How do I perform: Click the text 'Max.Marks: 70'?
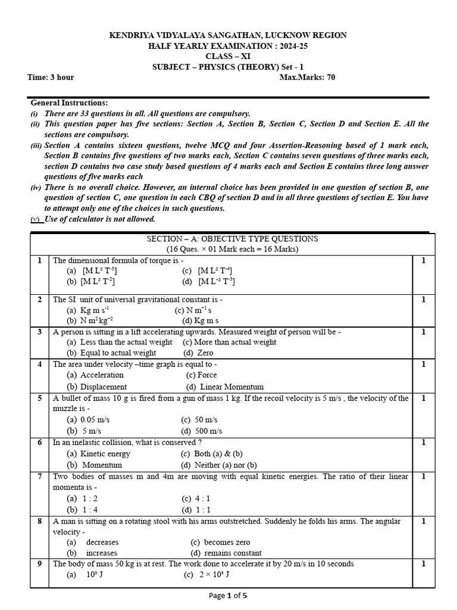pyautogui.click(x=307, y=77)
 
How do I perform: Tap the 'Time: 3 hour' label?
pyautogui.click(x=51, y=77)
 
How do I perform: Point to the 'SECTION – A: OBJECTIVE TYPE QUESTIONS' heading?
pyautogui.click(x=233, y=239)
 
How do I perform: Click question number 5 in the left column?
pyautogui.click(x=39, y=398)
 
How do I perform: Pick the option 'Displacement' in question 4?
pyautogui.click(x=103, y=387)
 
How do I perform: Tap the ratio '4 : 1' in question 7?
pyautogui.click(x=204, y=499)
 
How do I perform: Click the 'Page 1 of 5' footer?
pyautogui.click(x=228, y=595)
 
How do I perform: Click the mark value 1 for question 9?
pyautogui.click(x=423, y=564)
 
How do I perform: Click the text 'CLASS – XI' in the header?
pyautogui.click(x=228, y=57)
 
